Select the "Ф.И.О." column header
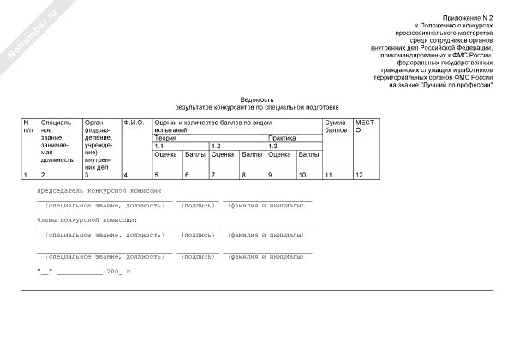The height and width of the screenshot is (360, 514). point(133,123)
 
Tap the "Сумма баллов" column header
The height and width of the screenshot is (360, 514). point(336,126)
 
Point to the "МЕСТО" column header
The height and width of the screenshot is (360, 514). point(365,126)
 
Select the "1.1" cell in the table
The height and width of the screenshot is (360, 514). point(158,147)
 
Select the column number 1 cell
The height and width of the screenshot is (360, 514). point(27,175)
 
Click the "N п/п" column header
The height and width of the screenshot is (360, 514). point(28,126)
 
